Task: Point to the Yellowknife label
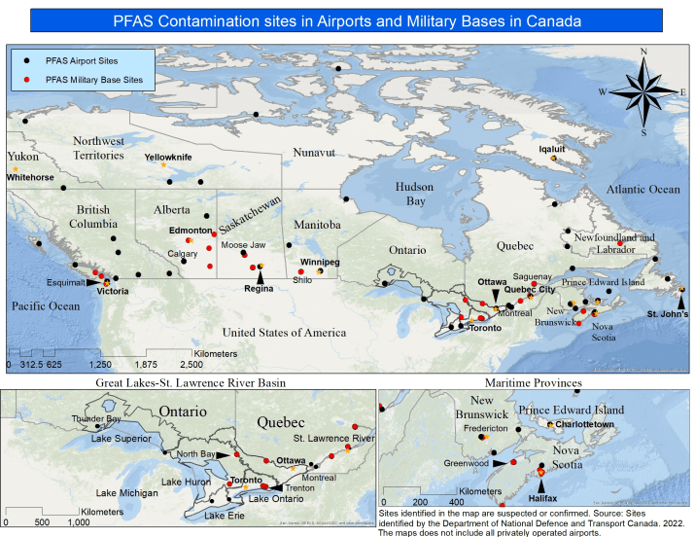tap(168, 156)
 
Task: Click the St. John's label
tap(668, 314)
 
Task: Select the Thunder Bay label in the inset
tap(100, 418)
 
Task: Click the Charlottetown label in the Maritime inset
tap(590, 424)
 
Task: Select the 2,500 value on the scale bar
tap(191, 364)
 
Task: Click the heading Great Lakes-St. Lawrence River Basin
tap(191, 382)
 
